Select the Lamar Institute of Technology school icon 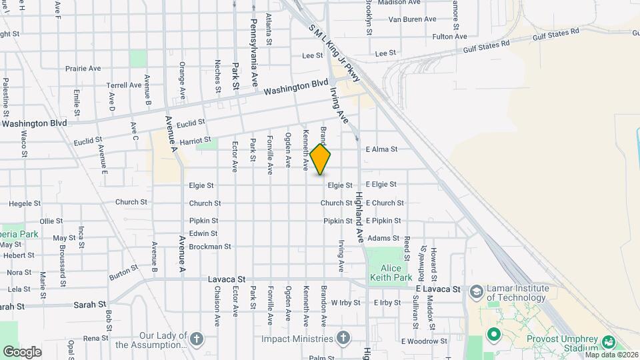(x=476, y=291)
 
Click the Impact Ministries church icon (x=343, y=337)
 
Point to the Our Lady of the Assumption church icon (x=196, y=338)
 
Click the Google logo (x=22, y=351)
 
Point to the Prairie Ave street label (x=83, y=68)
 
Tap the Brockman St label (x=210, y=246)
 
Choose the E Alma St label (x=381, y=149)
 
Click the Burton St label (x=124, y=271)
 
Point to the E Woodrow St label (x=424, y=341)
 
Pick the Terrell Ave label (x=124, y=85)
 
